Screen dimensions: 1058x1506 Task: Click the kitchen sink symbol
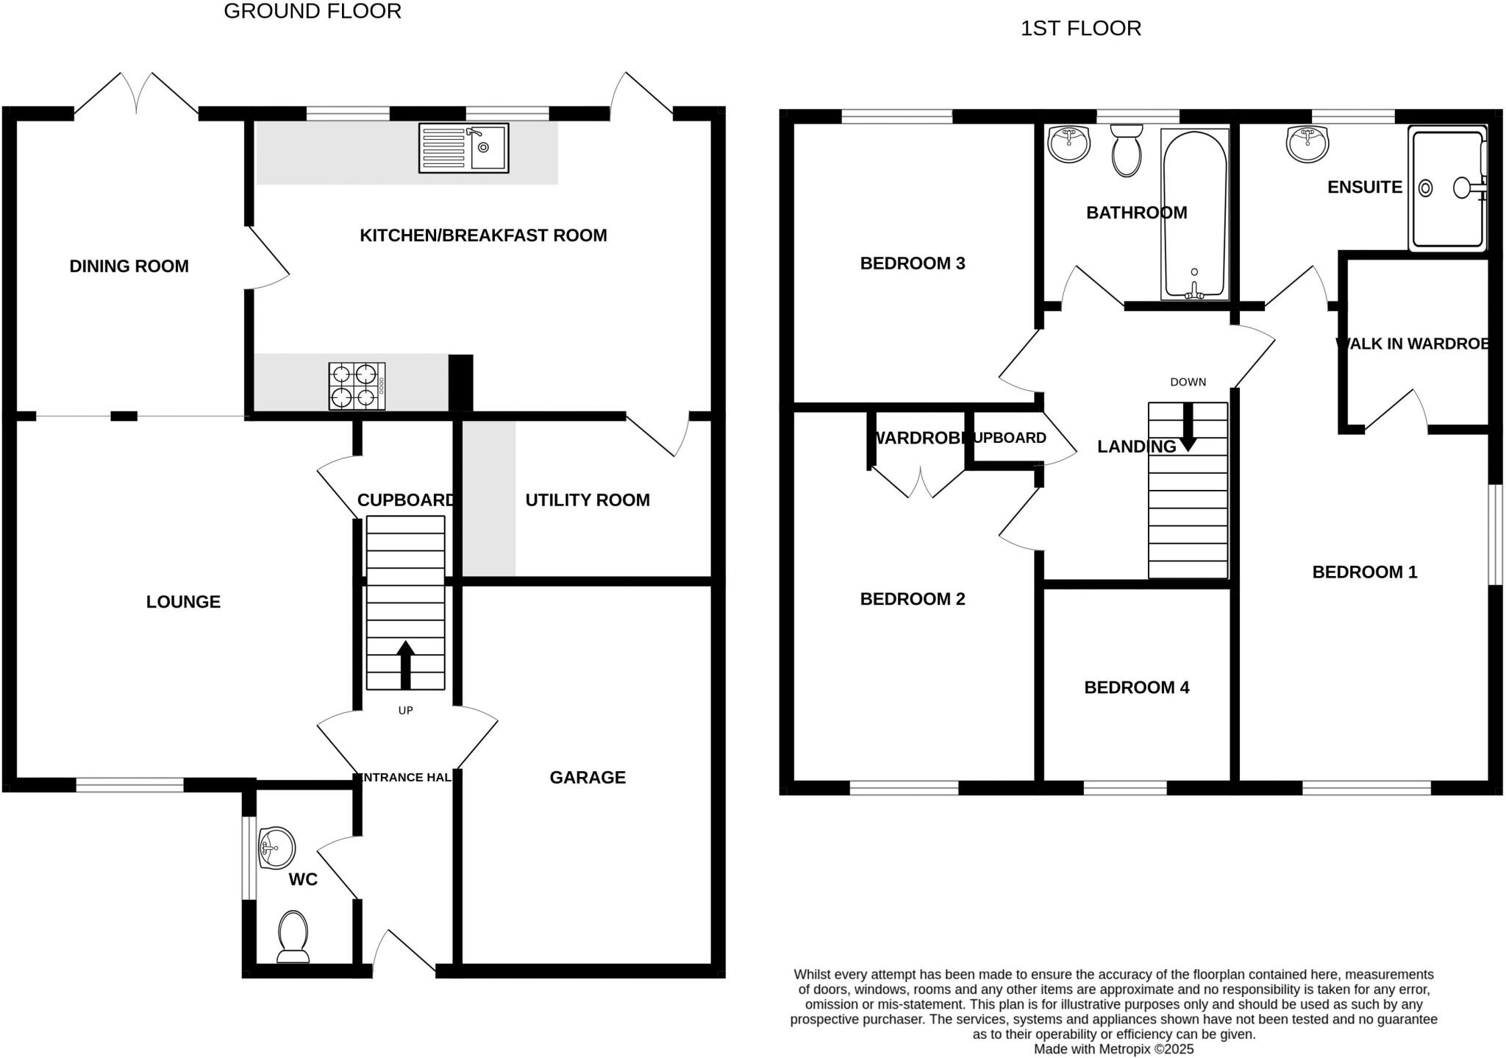(x=463, y=148)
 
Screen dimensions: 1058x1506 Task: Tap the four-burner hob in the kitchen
(x=357, y=386)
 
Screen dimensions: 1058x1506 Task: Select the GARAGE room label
(x=588, y=778)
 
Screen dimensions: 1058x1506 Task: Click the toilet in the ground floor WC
(x=293, y=937)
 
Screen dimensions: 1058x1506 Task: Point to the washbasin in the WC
(x=276, y=848)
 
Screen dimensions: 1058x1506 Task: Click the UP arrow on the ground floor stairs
(x=405, y=664)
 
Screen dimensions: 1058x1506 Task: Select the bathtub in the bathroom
(x=1194, y=214)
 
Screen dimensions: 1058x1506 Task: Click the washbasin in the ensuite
(x=1307, y=143)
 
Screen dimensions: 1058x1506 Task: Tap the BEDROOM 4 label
(x=1136, y=688)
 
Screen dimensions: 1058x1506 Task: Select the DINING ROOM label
(x=129, y=266)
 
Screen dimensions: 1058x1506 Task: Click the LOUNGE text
(x=183, y=602)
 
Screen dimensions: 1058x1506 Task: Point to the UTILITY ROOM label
(x=587, y=500)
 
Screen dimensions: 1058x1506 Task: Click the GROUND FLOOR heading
(x=313, y=12)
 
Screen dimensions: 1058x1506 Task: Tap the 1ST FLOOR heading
(x=1080, y=29)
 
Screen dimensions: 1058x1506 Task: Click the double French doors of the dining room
(x=137, y=94)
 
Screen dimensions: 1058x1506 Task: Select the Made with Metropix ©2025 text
(x=1113, y=1049)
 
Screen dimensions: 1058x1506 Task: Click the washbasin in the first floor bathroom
(x=1068, y=143)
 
